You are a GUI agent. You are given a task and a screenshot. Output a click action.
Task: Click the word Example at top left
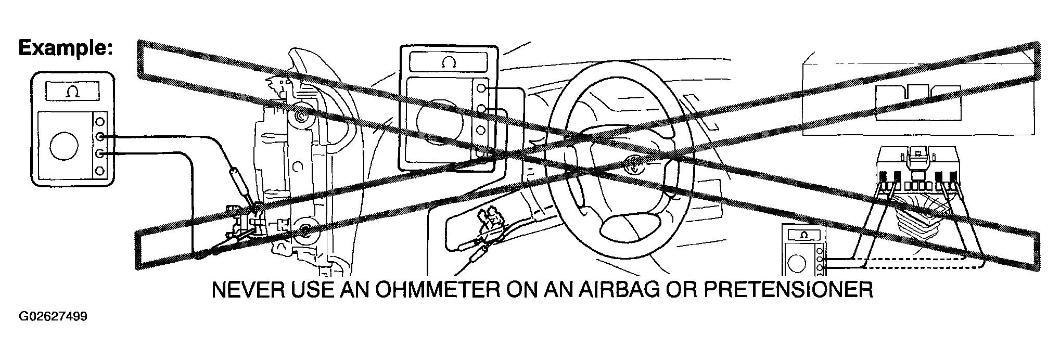65,48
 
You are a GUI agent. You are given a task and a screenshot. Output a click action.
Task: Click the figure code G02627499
53,317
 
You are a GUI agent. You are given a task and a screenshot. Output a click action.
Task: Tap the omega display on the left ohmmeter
71,92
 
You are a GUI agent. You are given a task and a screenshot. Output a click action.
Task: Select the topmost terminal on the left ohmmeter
100,121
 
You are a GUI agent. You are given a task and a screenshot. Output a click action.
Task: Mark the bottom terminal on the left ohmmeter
100,170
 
